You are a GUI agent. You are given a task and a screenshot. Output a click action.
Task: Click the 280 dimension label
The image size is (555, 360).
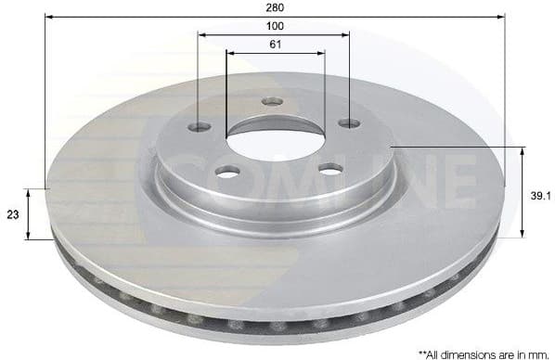click(274, 7)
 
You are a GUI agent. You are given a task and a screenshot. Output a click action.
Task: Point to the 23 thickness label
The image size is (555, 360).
click(13, 214)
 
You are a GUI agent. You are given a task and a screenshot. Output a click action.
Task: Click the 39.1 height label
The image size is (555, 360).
click(542, 194)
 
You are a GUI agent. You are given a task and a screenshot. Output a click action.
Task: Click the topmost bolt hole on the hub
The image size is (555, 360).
click(272, 101)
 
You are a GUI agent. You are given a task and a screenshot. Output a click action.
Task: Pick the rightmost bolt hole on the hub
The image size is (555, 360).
click(348, 122)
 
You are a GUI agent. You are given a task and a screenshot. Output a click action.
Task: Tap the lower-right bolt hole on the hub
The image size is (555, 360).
click(329, 168)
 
